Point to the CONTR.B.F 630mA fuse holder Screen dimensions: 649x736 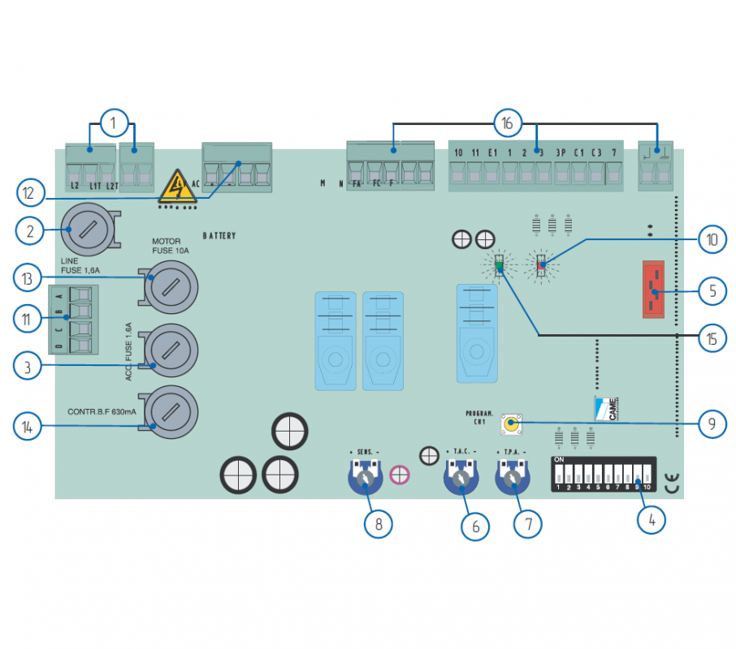[171, 412]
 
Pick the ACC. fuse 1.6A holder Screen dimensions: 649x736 [171, 350]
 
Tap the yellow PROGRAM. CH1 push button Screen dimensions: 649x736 [511, 423]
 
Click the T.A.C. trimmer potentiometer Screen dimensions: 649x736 [461, 479]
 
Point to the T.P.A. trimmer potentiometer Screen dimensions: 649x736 [513, 479]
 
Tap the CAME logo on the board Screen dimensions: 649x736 [606, 408]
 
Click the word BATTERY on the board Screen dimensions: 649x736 [219, 236]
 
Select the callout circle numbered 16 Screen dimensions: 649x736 [507, 123]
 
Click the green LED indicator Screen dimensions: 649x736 [500, 265]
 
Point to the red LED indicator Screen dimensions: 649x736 [542, 264]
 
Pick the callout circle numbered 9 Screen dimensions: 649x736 [712, 423]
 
